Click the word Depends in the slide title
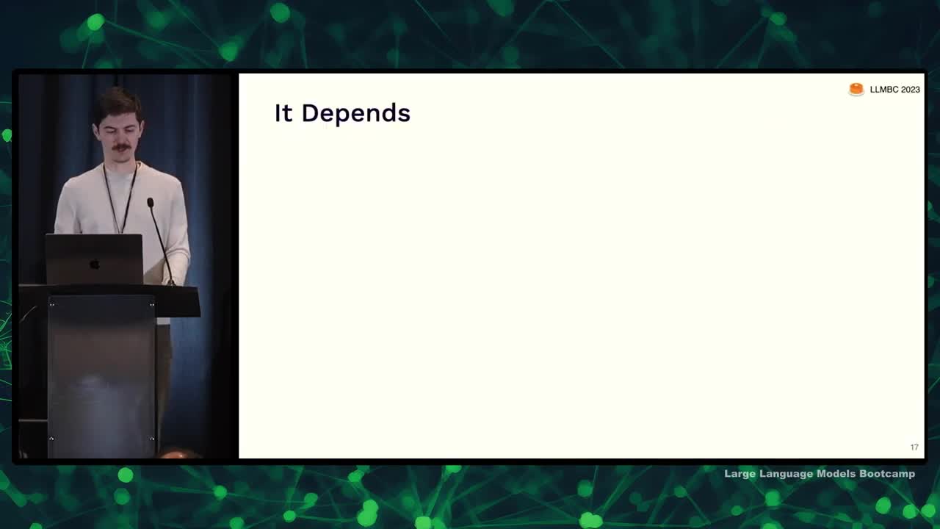356,113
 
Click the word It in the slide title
283,113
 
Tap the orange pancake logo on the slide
856,90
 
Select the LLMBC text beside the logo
883,90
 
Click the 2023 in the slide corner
910,90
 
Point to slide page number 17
914,447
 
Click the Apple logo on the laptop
95,264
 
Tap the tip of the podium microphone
151,202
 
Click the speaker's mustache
121,148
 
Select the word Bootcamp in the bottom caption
887,474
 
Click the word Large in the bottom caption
740,474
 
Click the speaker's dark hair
118,103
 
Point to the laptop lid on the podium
94,259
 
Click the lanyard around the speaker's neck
120,198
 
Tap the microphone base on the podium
171,283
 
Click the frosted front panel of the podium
101,375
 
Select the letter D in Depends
311,113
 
